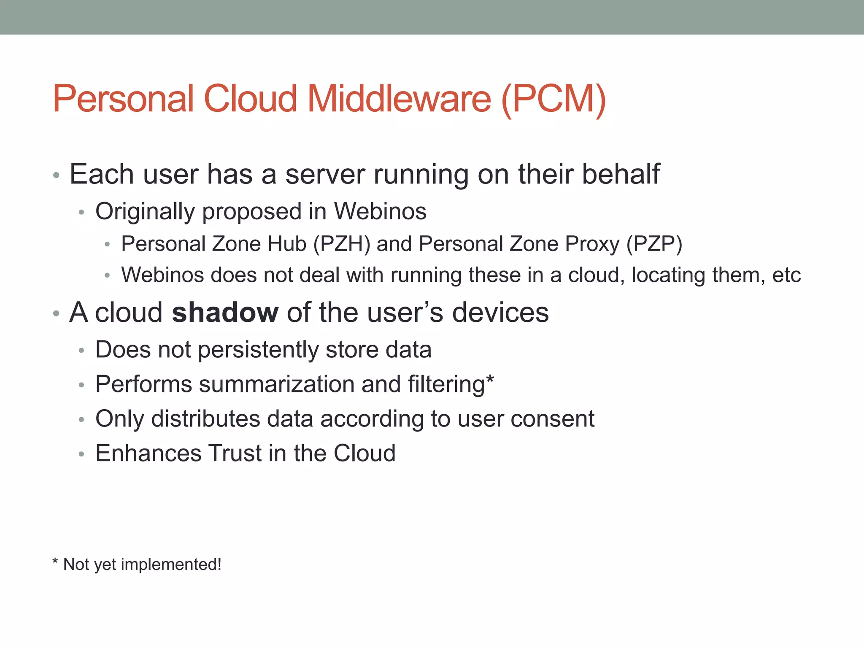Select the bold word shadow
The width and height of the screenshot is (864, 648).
point(225,313)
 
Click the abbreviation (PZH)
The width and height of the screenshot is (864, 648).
point(342,244)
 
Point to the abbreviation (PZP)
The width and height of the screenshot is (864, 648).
point(654,244)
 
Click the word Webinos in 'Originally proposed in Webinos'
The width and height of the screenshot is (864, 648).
point(380,211)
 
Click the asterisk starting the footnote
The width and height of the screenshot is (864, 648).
point(55,562)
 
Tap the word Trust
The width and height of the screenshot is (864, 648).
point(235,453)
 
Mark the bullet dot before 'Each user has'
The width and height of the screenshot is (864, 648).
point(56,175)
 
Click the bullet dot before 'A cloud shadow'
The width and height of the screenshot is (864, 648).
point(56,313)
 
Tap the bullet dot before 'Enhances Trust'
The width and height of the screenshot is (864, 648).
point(81,454)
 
